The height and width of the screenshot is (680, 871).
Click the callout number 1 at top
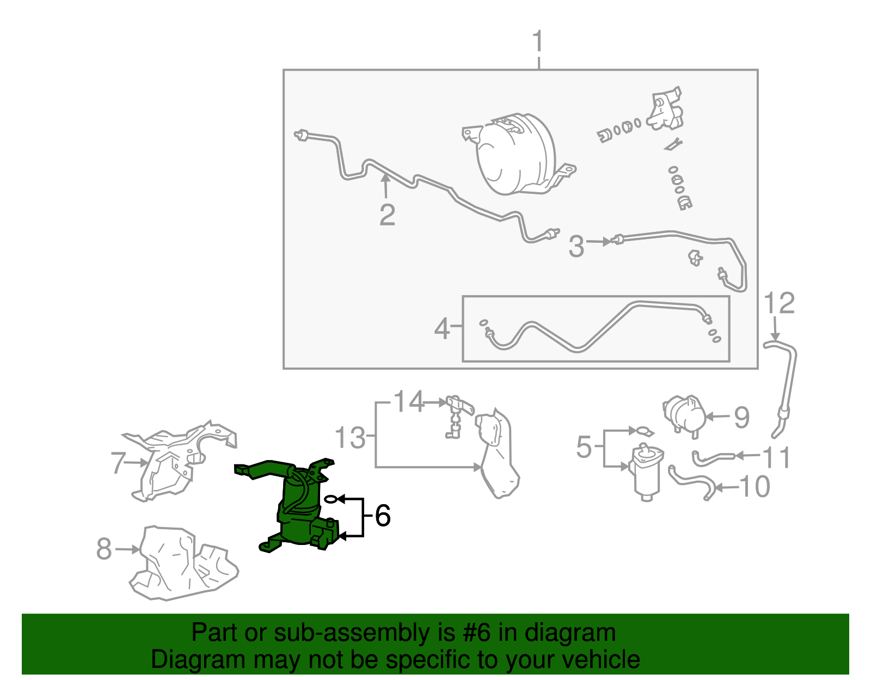[x=537, y=42]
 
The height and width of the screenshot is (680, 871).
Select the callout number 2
[x=387, y=215]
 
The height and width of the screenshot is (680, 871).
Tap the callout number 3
[x=576, y=246]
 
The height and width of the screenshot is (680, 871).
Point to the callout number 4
[x=442, y=329]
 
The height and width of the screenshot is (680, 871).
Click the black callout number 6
[x=383, y=515]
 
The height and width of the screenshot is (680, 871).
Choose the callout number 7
[x=118, y=463]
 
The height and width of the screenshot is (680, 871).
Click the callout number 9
[x=741, y=418]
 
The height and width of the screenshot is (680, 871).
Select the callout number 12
[x=779, y=303]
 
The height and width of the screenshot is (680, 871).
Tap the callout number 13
[x=349, y=438]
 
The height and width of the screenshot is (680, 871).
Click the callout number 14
[x=408, y=402]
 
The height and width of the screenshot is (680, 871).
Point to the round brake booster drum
[x=514, y=155]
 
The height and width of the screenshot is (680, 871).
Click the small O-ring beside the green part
[x=330, y=499]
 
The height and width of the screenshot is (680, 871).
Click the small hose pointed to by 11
[x=713, y=458]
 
